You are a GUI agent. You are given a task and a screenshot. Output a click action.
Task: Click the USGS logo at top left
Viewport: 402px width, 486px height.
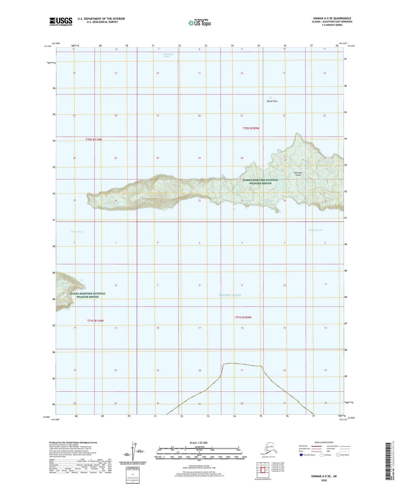tap(61, 21)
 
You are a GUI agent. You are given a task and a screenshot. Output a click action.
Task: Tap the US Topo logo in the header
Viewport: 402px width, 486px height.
tap(200, 23)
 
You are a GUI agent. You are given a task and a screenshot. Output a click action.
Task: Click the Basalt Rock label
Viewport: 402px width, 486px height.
tap(272, 101)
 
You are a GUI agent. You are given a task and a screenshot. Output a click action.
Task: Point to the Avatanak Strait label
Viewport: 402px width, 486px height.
tap(168, 55)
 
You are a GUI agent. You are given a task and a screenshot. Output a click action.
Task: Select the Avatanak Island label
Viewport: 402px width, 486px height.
tap(298, 174)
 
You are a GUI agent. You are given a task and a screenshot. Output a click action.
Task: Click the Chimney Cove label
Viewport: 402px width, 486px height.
tap(316, 230)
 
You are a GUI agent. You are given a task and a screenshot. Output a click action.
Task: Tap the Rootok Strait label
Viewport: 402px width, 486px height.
tap(77, 232)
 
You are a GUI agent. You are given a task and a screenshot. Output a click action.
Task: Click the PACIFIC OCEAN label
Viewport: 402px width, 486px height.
tap(230, 295)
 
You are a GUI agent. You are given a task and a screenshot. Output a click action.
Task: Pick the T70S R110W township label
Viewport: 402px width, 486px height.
tap(94, 140)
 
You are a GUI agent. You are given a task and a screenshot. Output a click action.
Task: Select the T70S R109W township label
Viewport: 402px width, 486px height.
tap(251, 128)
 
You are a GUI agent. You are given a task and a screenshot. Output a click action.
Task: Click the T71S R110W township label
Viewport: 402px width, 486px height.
tap(95, 321)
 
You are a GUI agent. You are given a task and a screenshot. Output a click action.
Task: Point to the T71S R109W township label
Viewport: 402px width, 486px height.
tap(243, 317)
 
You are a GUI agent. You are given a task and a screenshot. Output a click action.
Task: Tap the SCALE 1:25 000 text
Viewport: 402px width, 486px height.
tap(198, 443)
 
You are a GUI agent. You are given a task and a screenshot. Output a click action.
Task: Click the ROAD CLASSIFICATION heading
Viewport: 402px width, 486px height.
tap(324, 442)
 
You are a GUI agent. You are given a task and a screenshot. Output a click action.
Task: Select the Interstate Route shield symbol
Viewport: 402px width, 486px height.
tap(301, 455)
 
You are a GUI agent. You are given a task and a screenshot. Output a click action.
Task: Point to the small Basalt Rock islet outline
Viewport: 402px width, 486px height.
tap(270, 98)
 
